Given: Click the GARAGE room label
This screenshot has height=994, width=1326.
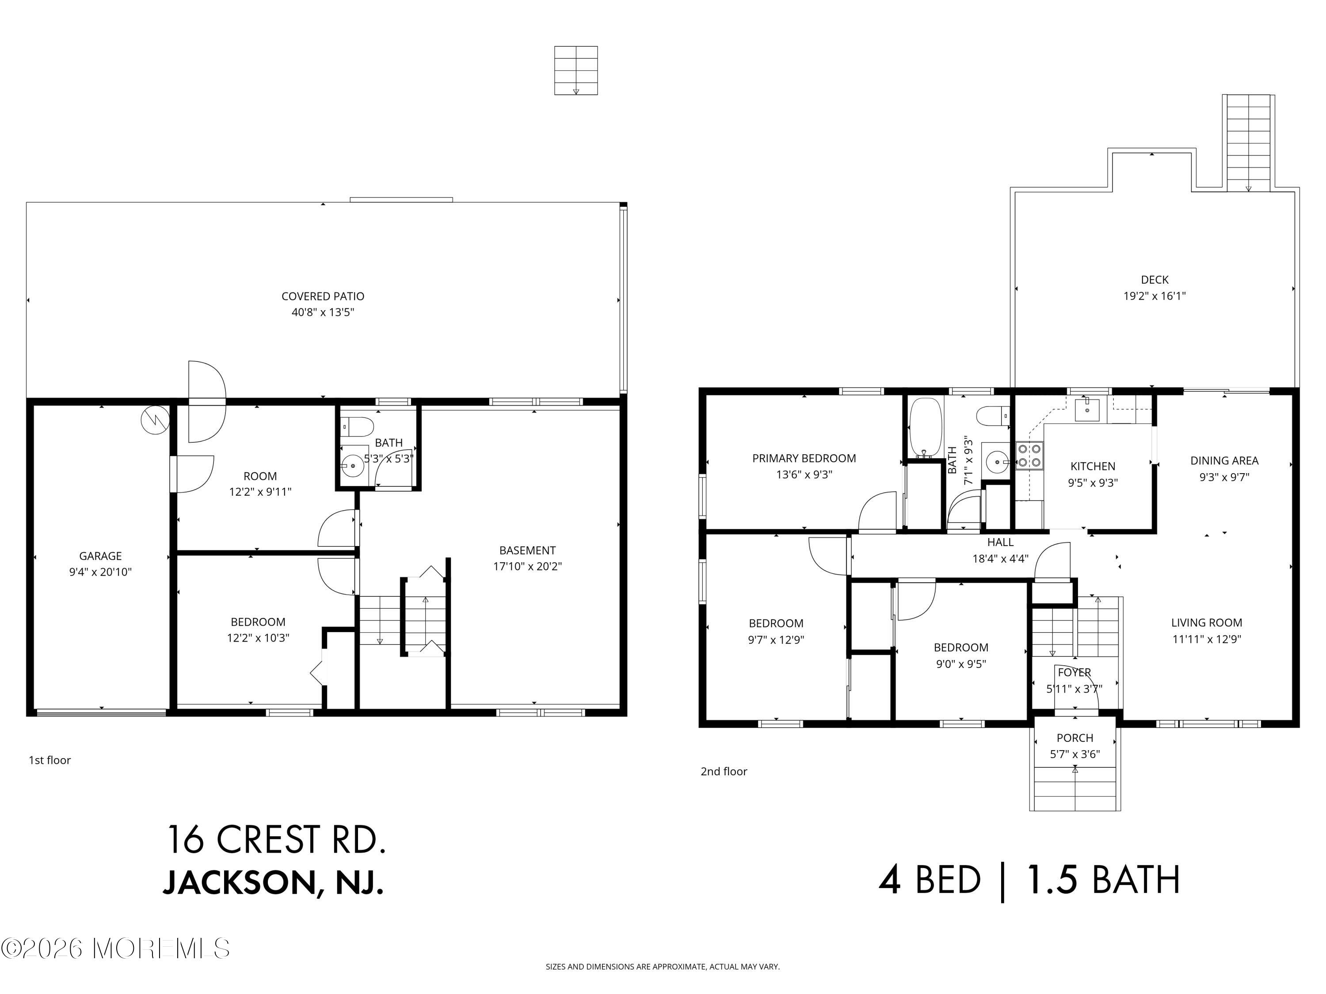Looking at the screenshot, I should tap(100, 556).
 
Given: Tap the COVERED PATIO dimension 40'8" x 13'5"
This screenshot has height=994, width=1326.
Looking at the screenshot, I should tap(323, 312).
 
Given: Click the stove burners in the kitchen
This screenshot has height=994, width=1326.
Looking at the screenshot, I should tap(1029, 455).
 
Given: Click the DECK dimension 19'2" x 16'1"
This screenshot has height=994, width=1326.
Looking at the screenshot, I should tap(1154, 296).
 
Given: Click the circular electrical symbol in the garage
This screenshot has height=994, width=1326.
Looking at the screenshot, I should tap(155, 420).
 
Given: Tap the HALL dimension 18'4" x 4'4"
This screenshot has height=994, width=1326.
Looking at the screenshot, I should tap(1000, 558).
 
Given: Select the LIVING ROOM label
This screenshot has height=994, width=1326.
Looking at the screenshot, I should tap(1206, 622).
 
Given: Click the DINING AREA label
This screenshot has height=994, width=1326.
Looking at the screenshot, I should tap(1223, 461).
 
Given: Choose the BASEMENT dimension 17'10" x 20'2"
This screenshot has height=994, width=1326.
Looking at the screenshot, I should tap(527, 566).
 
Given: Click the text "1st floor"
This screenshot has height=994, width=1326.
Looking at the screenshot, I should tap(50, 760).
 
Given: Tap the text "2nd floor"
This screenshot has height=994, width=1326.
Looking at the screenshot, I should tap(724, 772).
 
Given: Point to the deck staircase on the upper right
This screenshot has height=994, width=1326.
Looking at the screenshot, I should tap(1249, 143).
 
